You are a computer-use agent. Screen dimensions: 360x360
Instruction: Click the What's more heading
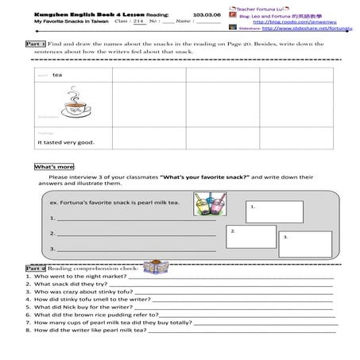[54, 167]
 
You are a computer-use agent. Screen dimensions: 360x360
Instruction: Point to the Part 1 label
[35, 44]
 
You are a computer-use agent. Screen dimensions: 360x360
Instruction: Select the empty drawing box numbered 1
[273, 211]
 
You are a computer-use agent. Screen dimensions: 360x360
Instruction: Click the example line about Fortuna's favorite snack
[114, 203]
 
